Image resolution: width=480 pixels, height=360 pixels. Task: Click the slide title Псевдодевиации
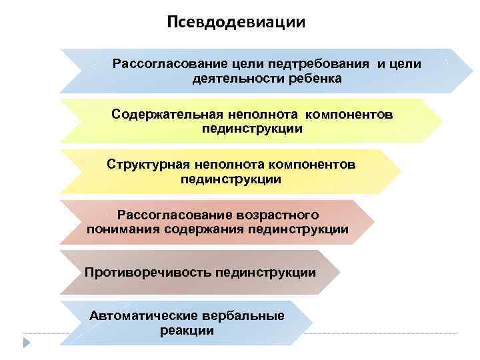coord(236,23)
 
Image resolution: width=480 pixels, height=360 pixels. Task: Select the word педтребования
coord(319,64)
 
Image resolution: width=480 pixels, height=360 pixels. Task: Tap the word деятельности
coord(225,79)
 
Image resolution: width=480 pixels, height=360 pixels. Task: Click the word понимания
coord(119,229)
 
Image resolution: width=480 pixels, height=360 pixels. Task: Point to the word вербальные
coord(240,315)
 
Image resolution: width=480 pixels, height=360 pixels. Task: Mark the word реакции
coord(187,331)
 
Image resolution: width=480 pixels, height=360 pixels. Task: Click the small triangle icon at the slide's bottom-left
coord(27,343)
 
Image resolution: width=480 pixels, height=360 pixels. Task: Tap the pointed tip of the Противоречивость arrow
coord(339,272)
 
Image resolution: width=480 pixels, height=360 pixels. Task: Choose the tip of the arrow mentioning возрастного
coord(373,222)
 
